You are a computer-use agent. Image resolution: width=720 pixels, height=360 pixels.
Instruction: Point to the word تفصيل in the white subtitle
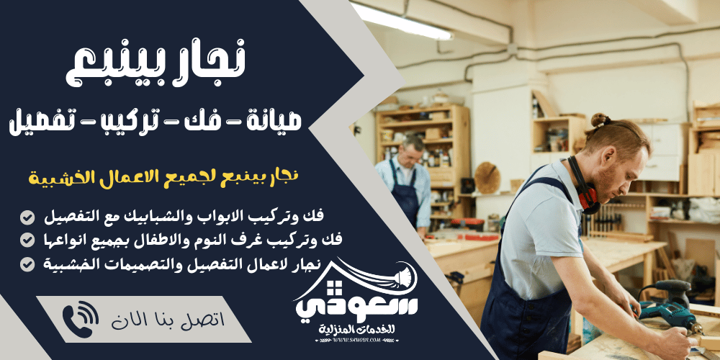point(40,120)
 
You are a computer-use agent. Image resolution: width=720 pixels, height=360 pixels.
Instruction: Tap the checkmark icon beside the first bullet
point(27,217)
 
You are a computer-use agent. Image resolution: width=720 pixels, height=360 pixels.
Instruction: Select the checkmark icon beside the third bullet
point(27,264)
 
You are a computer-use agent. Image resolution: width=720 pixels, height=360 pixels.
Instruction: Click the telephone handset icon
point(81,319)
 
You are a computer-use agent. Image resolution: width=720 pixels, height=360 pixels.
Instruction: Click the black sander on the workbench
point(670,289)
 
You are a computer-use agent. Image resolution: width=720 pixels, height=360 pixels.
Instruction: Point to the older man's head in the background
point(411,150)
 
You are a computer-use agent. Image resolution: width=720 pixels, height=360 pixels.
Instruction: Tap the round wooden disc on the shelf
point(487,177)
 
